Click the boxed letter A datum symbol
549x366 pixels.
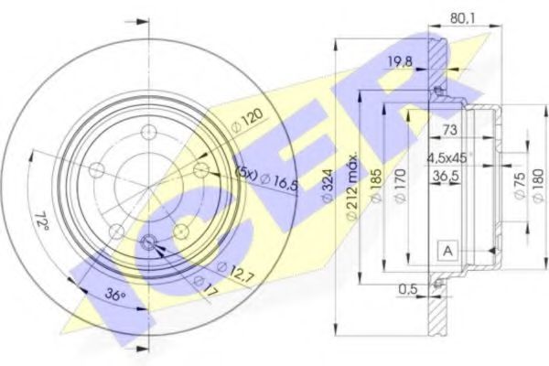(x=447, y=251)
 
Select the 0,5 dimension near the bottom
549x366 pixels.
(x=408, y=292)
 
